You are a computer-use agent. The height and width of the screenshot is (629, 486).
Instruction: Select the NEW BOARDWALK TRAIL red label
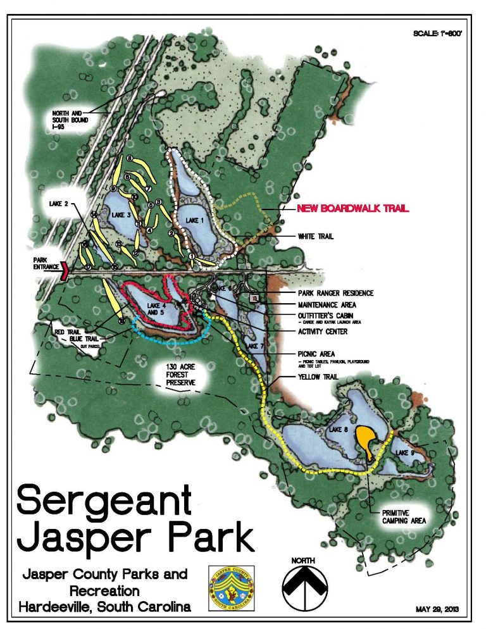pyautogui.click(x=354, y=208)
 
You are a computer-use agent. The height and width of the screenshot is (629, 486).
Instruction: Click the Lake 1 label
pyautogui.click(x=195, y=220)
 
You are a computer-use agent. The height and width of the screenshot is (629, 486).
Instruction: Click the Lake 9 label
pyautogui.click(x=404, y=452)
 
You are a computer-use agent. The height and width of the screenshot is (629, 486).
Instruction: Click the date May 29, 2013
pyautogui.click(x=437, y=610)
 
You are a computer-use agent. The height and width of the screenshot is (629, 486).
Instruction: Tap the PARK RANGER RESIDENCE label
pyautogui.click(x=335, y=293)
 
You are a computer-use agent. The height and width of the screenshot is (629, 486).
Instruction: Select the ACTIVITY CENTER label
pyautogui.click(x=323, y=331)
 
